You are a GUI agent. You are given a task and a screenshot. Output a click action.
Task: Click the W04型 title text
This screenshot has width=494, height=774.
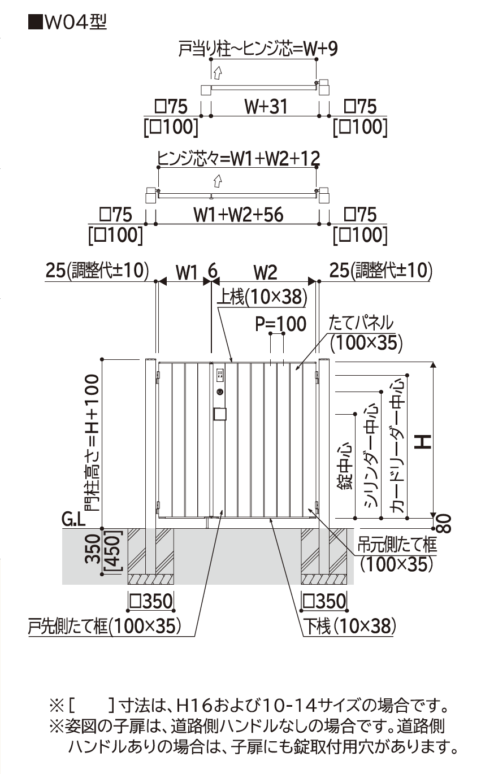click(x=67, y=22)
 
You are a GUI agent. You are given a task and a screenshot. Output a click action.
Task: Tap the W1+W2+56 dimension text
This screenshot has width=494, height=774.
click(x=238, y=215)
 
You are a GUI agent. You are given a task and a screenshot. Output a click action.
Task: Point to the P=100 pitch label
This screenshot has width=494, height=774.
click(x=280, y=324)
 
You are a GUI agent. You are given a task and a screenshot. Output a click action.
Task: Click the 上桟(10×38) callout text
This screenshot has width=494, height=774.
click(x=262, y=296)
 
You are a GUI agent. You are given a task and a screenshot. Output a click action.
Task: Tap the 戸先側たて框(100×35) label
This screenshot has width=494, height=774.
click(x=105, y=625)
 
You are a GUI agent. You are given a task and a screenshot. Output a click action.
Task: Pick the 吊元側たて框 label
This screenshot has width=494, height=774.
click(x=397, y=545)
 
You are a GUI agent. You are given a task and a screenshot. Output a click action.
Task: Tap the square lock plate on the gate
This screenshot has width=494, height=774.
click(x=220, y=415)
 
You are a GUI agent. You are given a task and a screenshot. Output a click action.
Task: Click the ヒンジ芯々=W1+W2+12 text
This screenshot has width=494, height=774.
click(x=239, y=159)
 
